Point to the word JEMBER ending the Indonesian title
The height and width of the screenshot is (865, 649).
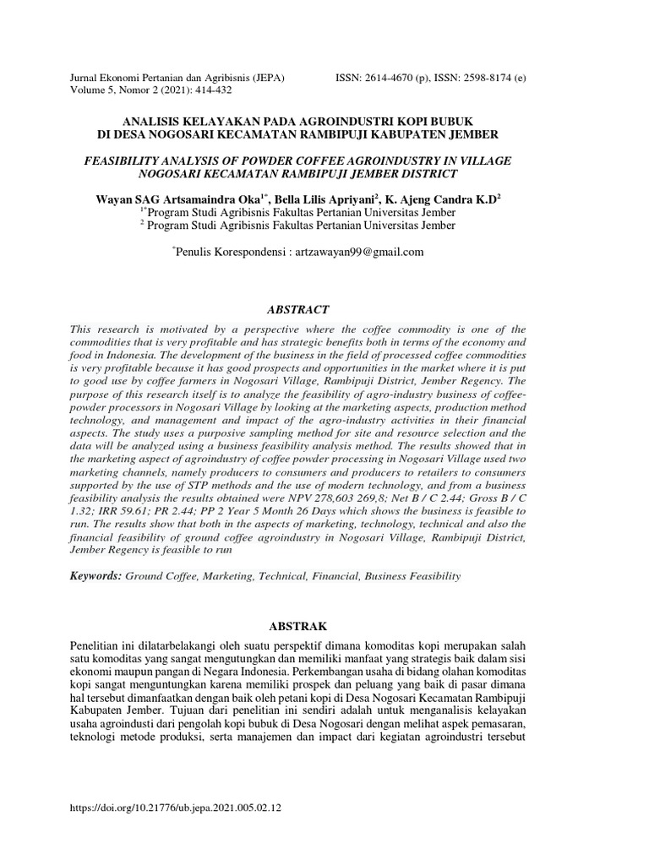coord(473,134)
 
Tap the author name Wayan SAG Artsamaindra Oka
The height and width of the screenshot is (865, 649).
coord(180,199)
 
